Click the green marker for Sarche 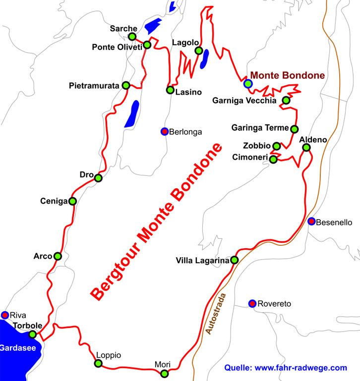(132, 37)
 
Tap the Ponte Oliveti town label (117, 47)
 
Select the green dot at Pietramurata (126, 85)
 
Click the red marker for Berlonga (164, 131)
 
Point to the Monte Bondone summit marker (248, 83)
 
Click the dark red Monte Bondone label (288, 75)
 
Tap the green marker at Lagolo (198, 51)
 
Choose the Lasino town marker (170, 90)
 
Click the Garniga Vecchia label (244, 101)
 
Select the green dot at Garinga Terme (294, 129)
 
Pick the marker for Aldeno (306, 148)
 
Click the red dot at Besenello (311, 221)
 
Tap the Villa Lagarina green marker (235, 260)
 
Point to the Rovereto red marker (252, 303)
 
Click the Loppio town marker (98, 364)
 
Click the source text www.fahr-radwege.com (285, 368)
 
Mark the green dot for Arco (58, 256)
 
